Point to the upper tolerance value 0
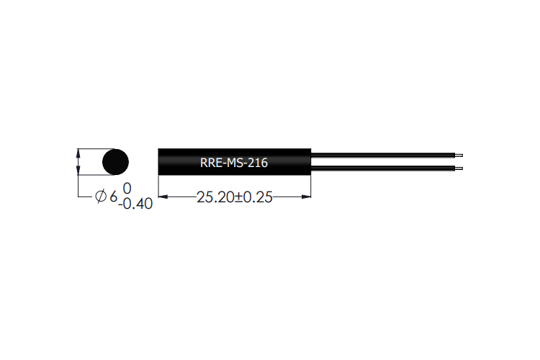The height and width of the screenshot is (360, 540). coord(127,189)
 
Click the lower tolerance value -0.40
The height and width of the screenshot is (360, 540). coord(136,204)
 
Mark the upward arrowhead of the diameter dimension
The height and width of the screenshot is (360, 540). coord(78,153)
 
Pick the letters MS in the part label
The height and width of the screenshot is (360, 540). coord(235,163)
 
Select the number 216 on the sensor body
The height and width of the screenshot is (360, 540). coord(258,163)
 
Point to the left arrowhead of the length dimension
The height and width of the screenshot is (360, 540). coord(162,197)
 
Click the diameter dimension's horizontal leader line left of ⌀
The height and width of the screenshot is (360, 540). coord(86,197)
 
